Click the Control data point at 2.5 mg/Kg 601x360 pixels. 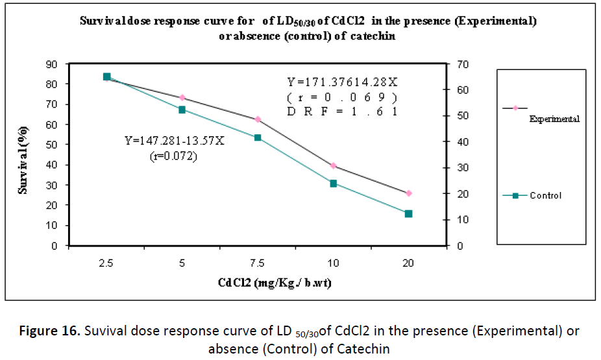(x=106, y=77)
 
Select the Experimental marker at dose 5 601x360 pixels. (x=182, y=97)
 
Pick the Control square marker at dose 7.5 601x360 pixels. (x=258, y=138)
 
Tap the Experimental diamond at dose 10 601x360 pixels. (x=333, y=166)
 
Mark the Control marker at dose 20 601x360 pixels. (x=408, y=213)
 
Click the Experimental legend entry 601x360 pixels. (x=554, y=119)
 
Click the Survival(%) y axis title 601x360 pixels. (x=23, y=155)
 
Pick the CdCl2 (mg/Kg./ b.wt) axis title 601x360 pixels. (x=258, y=283)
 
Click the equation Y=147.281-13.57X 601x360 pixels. (x=175, y=140)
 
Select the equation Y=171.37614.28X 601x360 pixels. (x=343, y=82)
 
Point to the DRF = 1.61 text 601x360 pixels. (x=342, y=111)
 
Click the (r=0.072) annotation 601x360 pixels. (x=174, y=156)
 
